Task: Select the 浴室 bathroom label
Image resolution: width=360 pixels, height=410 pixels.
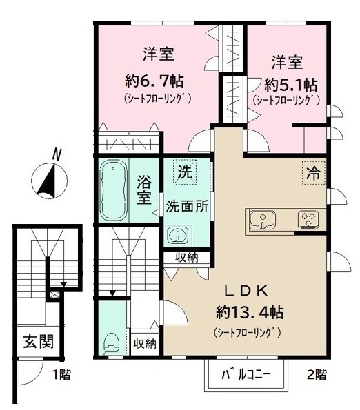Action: tap(144, 189)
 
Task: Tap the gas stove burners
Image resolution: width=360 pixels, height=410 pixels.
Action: tap(308, 220)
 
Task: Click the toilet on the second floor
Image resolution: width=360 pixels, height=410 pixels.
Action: tap(110, 342)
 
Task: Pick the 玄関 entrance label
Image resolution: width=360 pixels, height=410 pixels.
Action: tap(36, 341)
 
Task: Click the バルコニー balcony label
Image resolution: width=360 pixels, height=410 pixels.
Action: tap(246, 376)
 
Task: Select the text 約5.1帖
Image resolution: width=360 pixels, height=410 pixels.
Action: tap(291, 85)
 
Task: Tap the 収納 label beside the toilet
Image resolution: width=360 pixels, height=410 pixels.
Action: tap(145, 343)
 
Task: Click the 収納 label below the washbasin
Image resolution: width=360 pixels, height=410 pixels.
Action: tap(187, 258)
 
